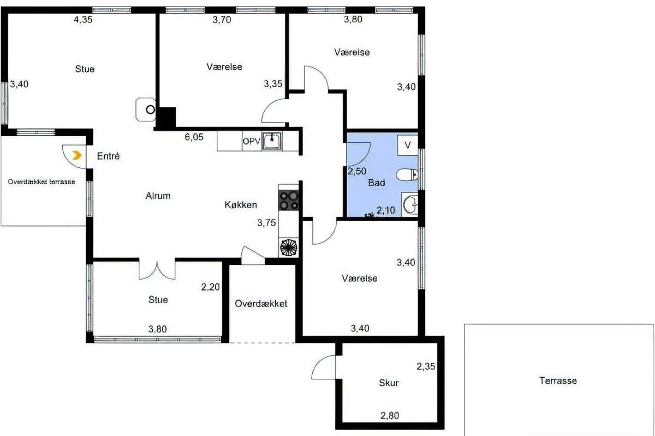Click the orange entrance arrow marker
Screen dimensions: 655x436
pos(77,155)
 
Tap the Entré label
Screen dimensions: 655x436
pos(108,156)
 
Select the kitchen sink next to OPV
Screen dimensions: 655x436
pos(272,141)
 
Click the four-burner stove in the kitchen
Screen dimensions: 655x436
pos(289,201)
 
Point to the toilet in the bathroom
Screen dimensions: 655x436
pos(407,174)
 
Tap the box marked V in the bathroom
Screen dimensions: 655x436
pos(408,145)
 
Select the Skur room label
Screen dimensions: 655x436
pos(389,383)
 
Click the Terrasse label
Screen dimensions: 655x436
pos(558,380)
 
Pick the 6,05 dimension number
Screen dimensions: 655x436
pos(194,137)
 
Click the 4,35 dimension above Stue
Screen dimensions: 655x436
pos(83,19)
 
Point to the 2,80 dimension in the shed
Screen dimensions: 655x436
pos(390,415)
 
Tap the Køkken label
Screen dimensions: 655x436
pos(241,205)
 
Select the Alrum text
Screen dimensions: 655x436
pos(158,196)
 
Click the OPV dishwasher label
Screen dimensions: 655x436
pos(252,141)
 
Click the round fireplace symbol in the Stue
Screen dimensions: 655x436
pos(151,110)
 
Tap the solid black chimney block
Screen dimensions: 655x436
pos(166,117)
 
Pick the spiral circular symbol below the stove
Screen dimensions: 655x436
pos(289,247)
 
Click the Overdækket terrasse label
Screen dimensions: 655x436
pos(41,181)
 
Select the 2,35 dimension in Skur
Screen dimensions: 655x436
pos(426,366)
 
